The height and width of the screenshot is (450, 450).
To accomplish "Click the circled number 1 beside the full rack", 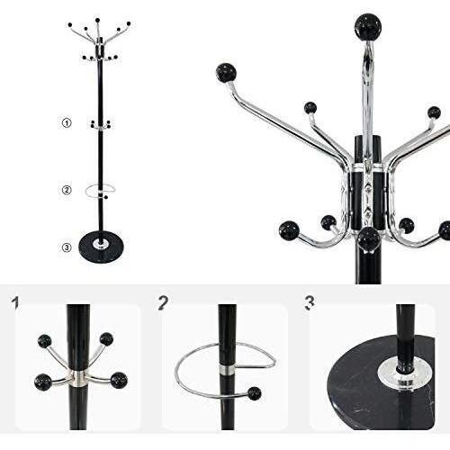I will pyautogui.click(x=66, y=122).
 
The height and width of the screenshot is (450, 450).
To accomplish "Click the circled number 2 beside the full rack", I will pyautogui.click(x=66, y=190).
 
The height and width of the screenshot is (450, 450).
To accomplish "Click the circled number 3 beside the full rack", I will pyautogui.click(x=66, y=247).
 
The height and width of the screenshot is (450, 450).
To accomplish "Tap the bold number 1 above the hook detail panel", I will pyautogui.click(x=15, y=302).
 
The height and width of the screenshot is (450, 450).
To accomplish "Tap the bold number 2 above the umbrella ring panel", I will pyautogui.click(x=163, y=302).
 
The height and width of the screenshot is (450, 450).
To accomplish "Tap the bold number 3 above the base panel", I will pyautogui.click(x=310, y=302).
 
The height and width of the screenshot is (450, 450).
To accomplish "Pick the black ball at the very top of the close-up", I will pyautogui.click(x=367, y=27).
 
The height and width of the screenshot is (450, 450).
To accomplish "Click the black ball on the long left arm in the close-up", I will pyautogui.click(x=226, y=73).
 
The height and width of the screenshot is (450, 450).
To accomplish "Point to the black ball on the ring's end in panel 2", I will pyautogui.click(x=254, y=393).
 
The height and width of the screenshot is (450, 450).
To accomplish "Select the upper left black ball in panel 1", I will pyautogui.click(x=44, y=341).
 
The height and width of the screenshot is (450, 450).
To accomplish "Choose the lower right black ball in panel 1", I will pyautogui.click(x=118, y=380).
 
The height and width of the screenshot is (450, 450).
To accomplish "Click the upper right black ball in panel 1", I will pyautogui.click(x=106, y=339).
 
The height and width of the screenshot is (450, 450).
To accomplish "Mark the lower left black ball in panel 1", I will pyautogui.click(x=43, y=382).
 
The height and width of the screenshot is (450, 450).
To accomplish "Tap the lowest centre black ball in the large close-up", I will pyautogui.click(x=368, y=239).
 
